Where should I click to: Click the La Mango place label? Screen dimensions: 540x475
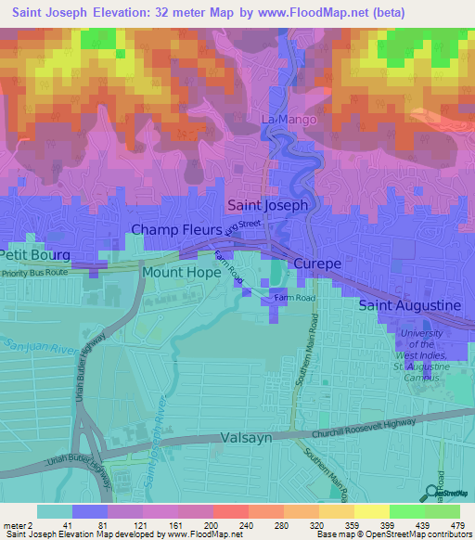pos(289,120)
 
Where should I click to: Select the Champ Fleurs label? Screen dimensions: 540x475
pos(175,229)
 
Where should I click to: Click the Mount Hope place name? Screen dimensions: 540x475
pos(181,273)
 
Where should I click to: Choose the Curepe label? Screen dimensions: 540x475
pos(317,264)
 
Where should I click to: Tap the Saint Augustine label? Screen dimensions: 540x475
pos(409,305)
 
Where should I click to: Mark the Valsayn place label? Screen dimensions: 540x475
pos(246,437)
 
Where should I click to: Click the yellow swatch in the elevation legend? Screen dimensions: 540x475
pos(372,511)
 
